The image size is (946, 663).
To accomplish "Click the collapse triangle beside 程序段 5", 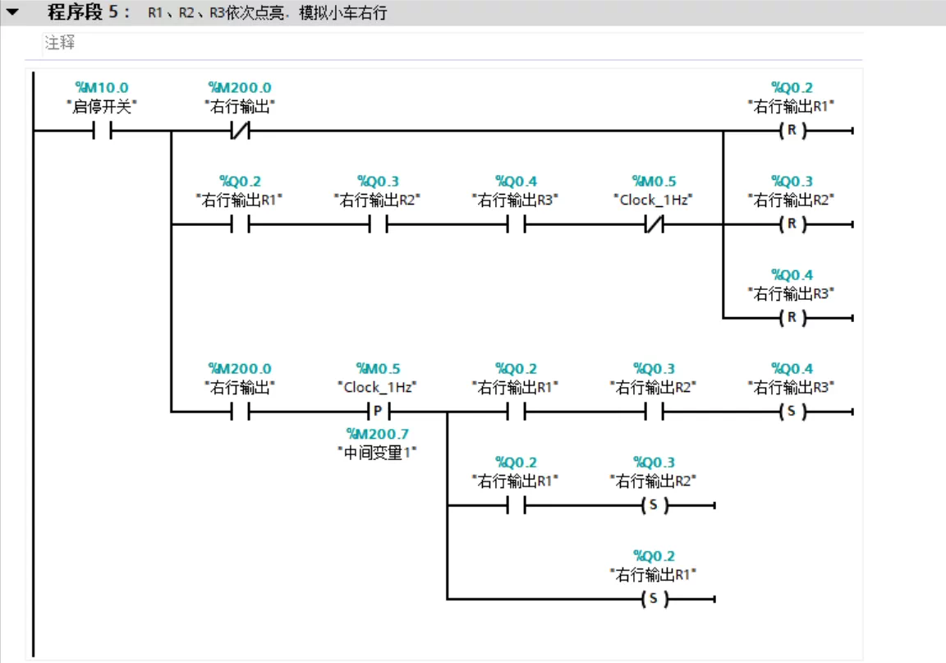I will tap(12, 13).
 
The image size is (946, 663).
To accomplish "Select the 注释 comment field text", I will tap(60, 44).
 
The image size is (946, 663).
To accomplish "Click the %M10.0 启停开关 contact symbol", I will tap(102, 131).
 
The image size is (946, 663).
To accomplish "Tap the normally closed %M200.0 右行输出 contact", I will tap(240, 131).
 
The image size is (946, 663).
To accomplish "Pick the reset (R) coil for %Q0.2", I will tap(792, 131).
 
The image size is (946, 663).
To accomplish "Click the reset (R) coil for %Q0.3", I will tap(792, 224).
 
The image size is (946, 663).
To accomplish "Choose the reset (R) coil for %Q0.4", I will tap(792, 318).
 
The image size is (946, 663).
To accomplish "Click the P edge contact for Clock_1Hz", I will tap(378, 412).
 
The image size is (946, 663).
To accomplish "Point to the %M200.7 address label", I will tap(378, 434).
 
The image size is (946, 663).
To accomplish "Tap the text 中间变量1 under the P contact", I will tap(378, 452).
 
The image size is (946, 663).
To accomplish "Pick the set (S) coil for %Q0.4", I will tap(792, 412).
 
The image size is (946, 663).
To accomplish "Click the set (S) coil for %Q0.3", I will tap(654, 505).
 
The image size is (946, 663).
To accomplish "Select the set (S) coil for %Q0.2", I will tap(654, 599).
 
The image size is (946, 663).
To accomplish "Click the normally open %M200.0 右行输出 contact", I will tap(240, 412).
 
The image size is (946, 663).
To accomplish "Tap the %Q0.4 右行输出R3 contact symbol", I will tap(516, 224).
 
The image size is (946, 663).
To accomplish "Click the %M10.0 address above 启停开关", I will tap(102, 88).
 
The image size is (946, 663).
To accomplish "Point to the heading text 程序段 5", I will tap(83, 13).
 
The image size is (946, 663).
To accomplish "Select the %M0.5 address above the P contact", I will tap(378, 369).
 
